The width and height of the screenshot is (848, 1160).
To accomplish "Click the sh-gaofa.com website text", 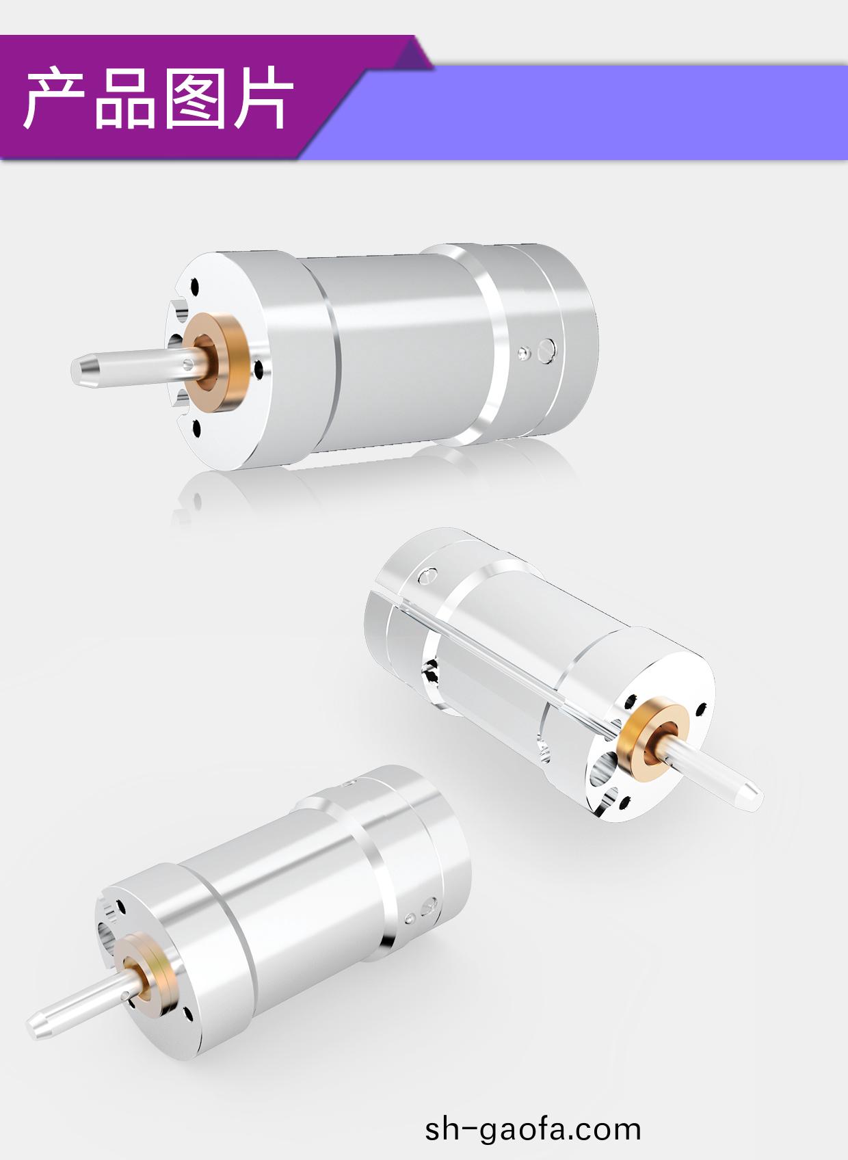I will [533, 1129].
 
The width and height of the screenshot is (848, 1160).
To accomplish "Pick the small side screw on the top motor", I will [523, 354].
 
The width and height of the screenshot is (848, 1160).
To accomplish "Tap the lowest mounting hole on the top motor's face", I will [197, 429].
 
